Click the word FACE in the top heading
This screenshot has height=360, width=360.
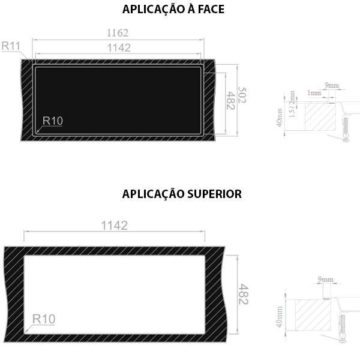click(211, 10)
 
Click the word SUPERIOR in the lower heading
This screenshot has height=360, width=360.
click(214, 194)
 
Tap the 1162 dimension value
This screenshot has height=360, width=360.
click(118, 33)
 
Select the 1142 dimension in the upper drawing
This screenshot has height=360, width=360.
click(119, 48)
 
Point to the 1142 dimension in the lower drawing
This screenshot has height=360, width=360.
click(115, 226)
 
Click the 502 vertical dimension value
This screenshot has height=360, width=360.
click(242, 95)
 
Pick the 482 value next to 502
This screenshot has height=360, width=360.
click(230, 101)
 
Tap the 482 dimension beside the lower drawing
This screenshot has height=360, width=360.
click(244, 294)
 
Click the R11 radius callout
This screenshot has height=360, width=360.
click(11, 46)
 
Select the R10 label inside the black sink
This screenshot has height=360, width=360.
click(53, 121)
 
